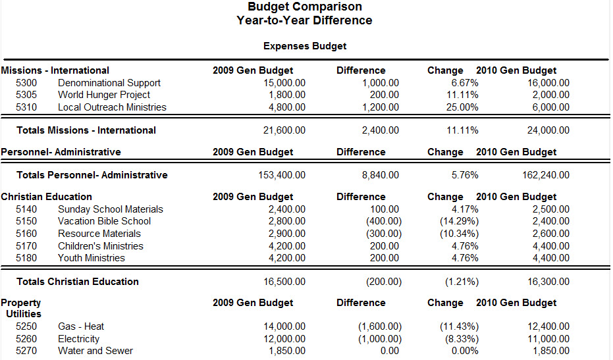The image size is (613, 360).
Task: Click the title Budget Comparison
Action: (x=305, y=7)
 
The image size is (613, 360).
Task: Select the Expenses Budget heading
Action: (x=305, y=46)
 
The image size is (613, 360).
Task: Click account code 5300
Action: (x=26, y=83)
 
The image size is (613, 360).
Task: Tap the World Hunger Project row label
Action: (x=104, y=95)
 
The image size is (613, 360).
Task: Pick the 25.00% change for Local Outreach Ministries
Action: (x=461, y=107)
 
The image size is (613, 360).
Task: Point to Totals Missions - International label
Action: (x=86, y=130)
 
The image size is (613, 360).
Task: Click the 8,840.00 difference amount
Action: (x=381, y=175)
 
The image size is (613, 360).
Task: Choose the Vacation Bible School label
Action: (x=104, y=221)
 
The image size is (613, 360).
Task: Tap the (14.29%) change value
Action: (x=459, y=221)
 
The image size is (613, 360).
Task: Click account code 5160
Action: (x=26, y=234)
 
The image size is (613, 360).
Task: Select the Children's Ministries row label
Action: (x=100, y=246)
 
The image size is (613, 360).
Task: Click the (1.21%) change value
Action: (x=461, y=282)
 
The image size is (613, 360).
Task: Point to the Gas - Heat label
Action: (x=81, y=326)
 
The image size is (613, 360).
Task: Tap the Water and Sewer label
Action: (x=95, y=351)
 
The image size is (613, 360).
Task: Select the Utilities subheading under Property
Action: (x=24, y=314)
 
